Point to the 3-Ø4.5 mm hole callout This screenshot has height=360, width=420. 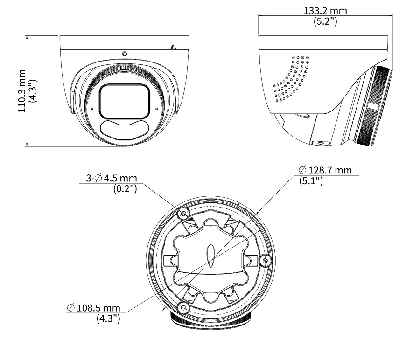point(112,178)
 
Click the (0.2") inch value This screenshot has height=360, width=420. point(125,189)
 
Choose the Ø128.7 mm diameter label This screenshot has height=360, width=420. point(325,170)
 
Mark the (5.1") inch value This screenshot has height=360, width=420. point(311,181)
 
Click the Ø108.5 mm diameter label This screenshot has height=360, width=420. point(94,308)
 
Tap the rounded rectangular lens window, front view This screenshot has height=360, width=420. point(124,101)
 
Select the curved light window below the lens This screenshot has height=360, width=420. point(124,130)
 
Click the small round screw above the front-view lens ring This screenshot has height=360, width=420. point(124,54)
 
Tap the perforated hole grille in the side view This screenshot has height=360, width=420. point(292,78)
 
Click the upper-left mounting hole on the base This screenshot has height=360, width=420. point(184,213)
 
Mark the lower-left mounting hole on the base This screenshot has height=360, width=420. point(184,308)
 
